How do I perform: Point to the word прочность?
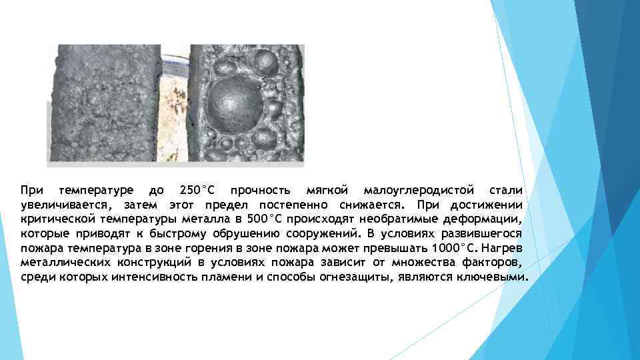pos(257,190)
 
